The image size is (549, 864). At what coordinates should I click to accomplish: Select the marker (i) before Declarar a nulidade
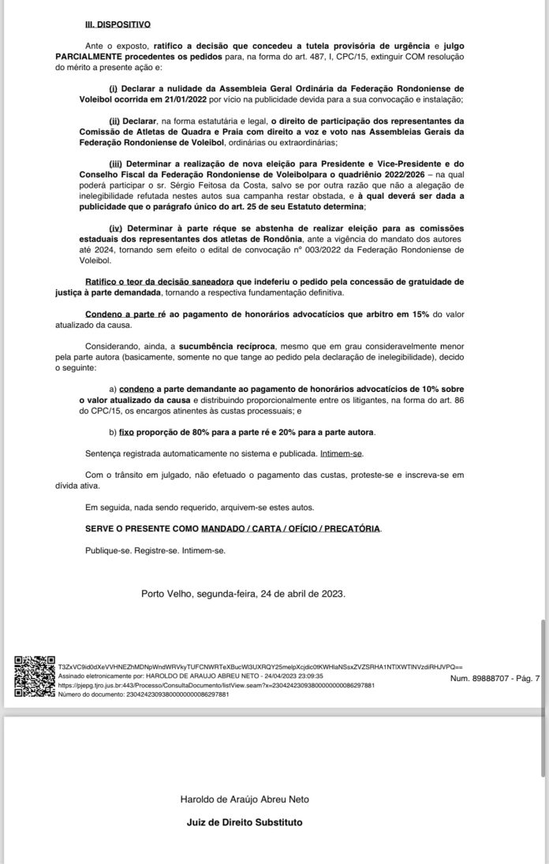tap(113, 88)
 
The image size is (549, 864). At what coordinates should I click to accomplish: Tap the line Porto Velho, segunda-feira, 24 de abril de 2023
tap(243, 593)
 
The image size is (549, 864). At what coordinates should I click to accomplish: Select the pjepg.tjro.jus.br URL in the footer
tap(216, 686)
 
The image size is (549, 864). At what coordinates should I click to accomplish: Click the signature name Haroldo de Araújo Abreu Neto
tap(245, 799)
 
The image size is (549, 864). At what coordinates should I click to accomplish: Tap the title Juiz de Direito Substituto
tap(243, 823)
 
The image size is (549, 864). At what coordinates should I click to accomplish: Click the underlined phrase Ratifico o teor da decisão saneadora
tap(157, 281)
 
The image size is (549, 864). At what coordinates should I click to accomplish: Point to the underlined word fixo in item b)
tap(128, 433)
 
